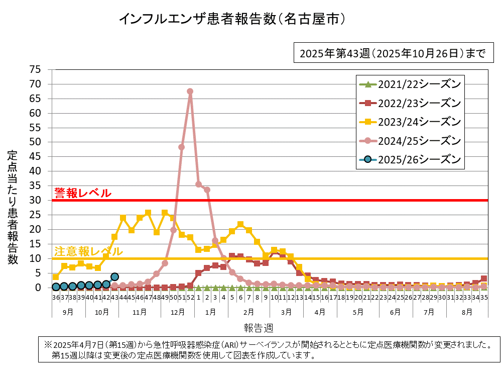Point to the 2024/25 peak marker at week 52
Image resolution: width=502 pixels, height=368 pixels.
[190, 91]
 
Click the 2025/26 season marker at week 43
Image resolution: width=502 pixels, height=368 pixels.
[114, 277]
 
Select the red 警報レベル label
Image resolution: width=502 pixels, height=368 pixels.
[83, 193]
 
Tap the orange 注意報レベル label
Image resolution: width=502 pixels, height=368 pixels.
[88, 251]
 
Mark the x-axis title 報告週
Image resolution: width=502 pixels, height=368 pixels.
[259, 328]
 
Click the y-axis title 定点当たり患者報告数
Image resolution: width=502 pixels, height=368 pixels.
[13, 207]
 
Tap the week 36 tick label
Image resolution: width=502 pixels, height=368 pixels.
[56, 298]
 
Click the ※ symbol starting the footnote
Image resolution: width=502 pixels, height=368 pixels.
[48, 345]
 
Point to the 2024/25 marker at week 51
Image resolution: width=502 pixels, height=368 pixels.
[181, 147]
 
